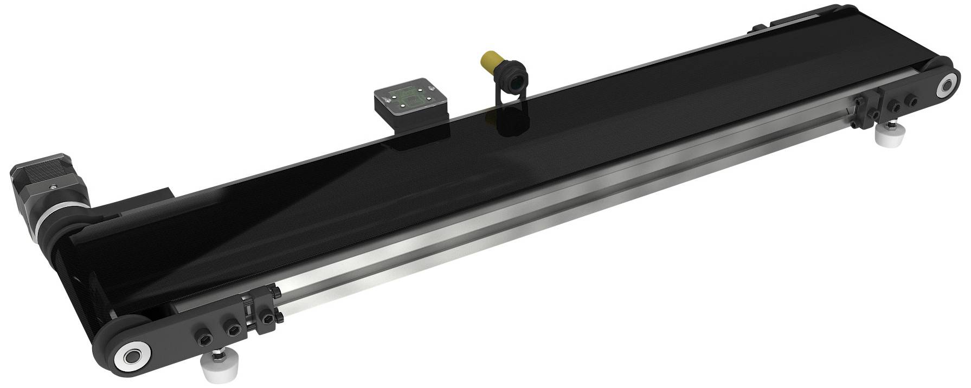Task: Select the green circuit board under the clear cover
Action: coord(409,95)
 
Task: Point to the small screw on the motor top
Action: coord(53,186)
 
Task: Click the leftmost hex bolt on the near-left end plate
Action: coord(204,340)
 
